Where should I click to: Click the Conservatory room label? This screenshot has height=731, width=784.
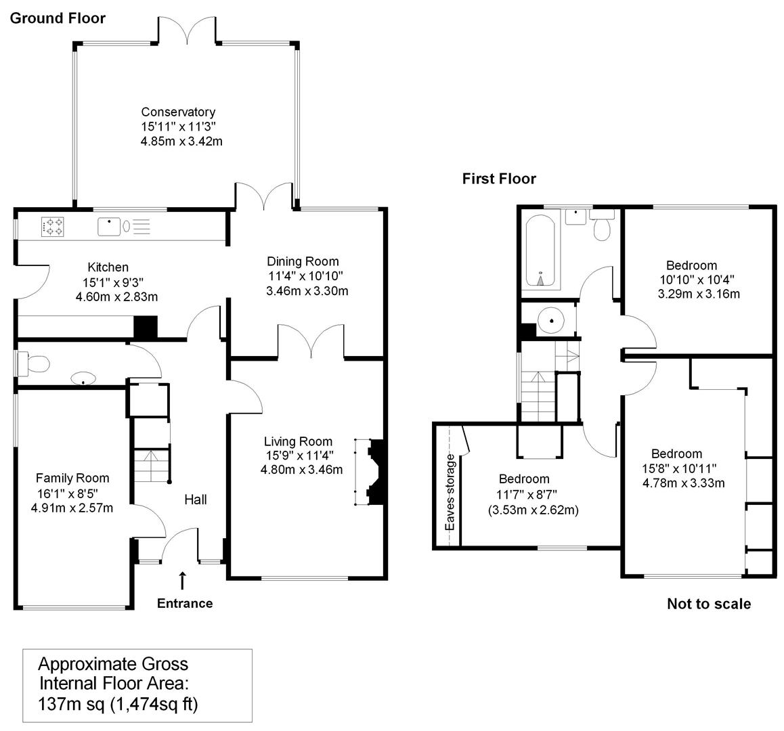click(x=178, y=112)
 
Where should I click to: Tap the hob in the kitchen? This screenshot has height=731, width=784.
click(x=53, y=227)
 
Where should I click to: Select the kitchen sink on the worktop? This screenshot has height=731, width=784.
click(x=110, y=227)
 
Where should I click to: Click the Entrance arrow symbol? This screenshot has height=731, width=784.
click(x=183, y=580)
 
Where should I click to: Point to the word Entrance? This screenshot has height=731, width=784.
click(x=185, y=604)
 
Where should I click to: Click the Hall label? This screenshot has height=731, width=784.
click(x=196, y=500)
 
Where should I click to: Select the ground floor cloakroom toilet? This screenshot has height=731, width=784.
click(x=33, y=363)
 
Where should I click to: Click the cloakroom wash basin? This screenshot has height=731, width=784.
click(x=83, y=378)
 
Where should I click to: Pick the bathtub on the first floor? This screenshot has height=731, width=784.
click(x=540, y=250)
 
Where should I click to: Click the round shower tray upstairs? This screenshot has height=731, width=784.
click(x=550, y=320)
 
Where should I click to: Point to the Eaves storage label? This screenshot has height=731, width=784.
click(x=450, y=492)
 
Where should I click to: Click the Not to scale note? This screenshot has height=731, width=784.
click(x=709, y=604)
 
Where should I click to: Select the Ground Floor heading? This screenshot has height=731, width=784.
click(x=58, y=18)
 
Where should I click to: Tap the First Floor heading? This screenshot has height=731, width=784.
click(x=499, y=179)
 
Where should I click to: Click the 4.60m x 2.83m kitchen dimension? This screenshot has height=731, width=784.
click(x=116, y=297)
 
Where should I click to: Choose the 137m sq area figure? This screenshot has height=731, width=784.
click(x=72, y=704)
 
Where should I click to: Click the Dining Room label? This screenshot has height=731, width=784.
click(x=303, y=261)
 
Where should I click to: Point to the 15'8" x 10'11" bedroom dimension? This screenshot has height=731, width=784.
click(x=679, y=468)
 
